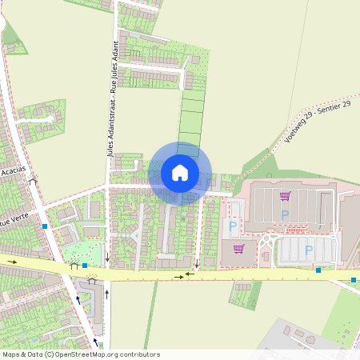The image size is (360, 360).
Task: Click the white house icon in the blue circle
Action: tap(180, 173)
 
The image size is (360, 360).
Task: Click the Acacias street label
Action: tap(13, 171)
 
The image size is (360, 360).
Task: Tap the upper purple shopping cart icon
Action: tap(285, 196)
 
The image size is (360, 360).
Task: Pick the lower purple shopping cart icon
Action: tap(238, 248)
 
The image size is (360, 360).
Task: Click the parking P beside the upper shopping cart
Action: tap(285, 214)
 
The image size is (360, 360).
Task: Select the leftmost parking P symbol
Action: tap(233, 226)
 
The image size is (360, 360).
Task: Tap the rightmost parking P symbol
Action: tap(309, 250)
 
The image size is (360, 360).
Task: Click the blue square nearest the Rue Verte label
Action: tap(45, 226)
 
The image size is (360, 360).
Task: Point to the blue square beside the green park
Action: tap(85, 265)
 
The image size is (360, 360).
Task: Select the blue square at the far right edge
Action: tap(353, 280)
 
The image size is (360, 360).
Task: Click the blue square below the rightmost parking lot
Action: tap(318, 270)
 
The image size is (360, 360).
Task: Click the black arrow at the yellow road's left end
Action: tap(12, 262)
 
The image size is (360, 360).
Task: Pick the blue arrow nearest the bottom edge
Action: tap(95, 342)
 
